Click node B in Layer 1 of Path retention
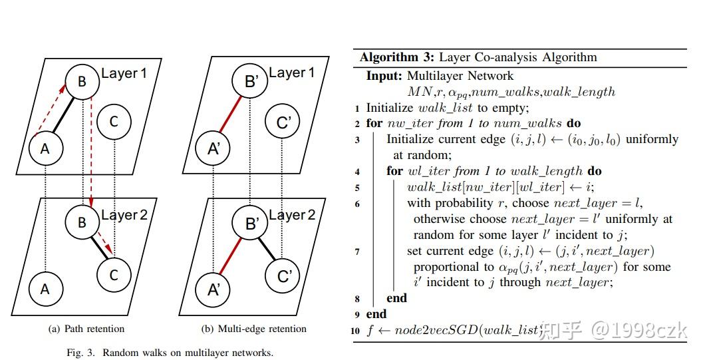[82, 82]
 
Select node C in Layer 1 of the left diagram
[113, 121]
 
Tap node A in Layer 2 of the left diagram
[45, 289]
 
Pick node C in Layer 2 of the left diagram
[113, 274]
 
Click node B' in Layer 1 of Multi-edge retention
[251, 82]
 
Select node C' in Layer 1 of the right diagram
[283, 122]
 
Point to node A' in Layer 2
[215, 289]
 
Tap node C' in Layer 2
[283, 275]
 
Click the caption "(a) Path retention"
[86, 329]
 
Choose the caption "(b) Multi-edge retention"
[253, 329]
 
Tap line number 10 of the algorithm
[356, 331]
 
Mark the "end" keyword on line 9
[376, 314]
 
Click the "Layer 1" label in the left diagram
[124, 73]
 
